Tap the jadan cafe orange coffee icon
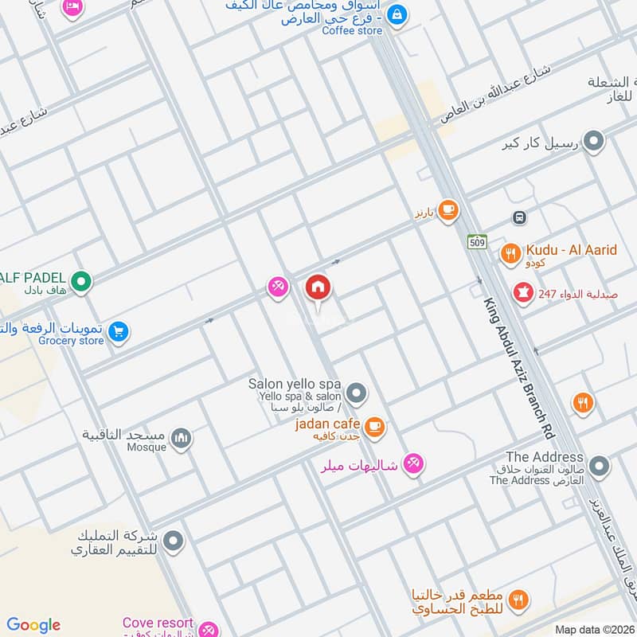pos(376,428)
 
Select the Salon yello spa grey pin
pos(357,393)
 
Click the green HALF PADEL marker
pos(80,280)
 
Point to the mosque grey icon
pos(182,439)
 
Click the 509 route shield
pos(478,243)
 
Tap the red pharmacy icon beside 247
pos(523,294)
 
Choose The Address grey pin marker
pos(599,467)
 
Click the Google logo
pos(33,625)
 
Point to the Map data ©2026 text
pos(594,629)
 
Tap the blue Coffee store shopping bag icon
pos(398,14)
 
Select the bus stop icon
pos(519,217)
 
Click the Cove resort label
pos(158,623)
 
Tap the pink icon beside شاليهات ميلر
pos(412,463)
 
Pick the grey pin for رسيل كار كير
pos(592,143)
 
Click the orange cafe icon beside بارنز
pos(448,210)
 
